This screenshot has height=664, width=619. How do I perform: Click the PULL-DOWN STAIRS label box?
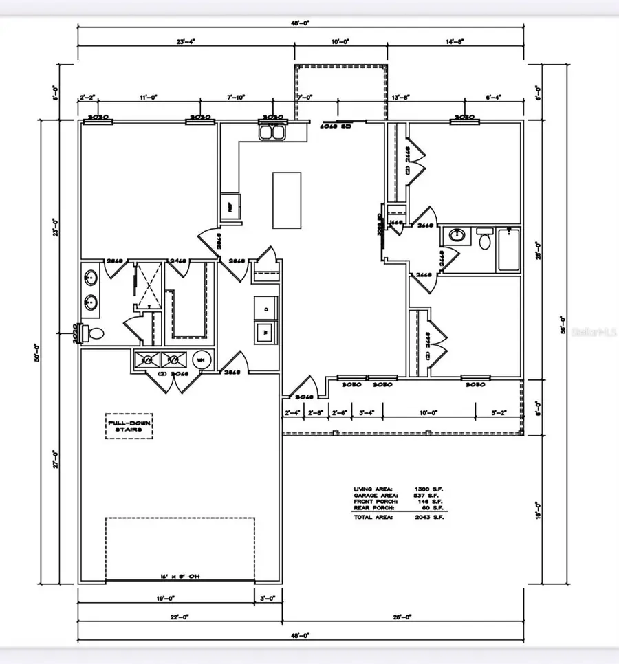point(129,425)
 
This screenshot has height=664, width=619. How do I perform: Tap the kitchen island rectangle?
point(287,199)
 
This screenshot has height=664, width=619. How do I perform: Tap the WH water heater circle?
point(202,359)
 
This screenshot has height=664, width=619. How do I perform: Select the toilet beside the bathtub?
point(485,239)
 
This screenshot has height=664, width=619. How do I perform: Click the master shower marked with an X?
point(146,283)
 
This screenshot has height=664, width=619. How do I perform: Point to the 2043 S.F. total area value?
point(433,517)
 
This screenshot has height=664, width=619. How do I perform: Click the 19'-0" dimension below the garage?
point(166,599)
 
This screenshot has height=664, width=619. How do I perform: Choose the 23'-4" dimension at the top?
point(186,42)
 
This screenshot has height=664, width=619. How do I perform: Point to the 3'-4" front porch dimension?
point(367,412)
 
